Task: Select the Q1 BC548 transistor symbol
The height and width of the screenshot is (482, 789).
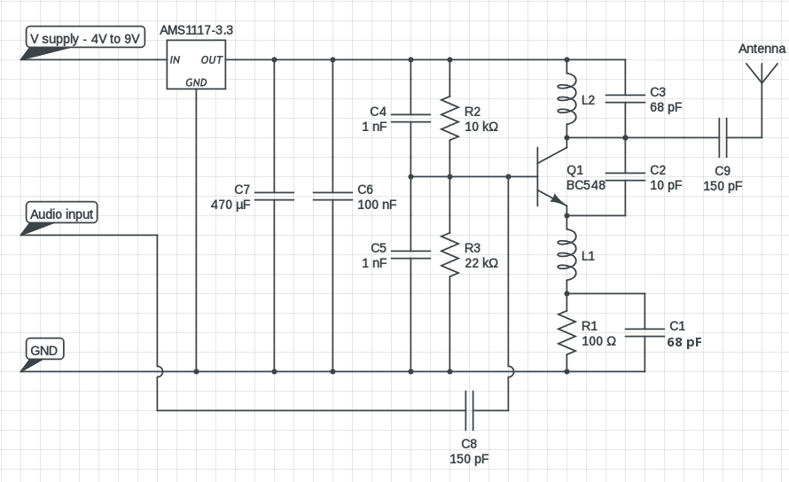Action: pos(550,176)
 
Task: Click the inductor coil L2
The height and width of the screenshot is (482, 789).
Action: pos(566,99)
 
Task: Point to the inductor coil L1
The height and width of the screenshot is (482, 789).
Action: pos(566,254)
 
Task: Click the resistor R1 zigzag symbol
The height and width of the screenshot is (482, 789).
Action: pos(566,331)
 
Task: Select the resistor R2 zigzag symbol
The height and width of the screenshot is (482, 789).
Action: pos(450,119)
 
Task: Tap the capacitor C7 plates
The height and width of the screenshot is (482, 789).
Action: pos(273,196)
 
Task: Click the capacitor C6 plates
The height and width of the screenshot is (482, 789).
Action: pos(332,196)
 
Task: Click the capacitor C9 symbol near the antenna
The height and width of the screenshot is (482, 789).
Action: pos(723,137)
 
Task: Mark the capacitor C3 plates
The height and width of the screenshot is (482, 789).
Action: pos(625,99)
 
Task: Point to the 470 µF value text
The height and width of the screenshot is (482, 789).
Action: pos(232,205)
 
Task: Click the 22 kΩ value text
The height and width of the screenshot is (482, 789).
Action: pos(481,263)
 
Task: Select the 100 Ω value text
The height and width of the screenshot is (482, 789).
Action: pos(598,341)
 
